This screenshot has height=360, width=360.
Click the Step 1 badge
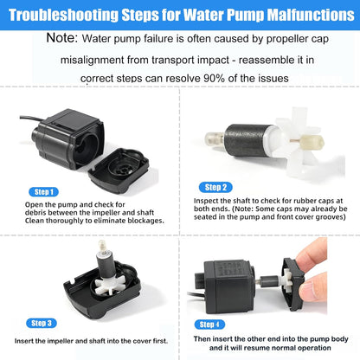[x=44, y=191]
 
